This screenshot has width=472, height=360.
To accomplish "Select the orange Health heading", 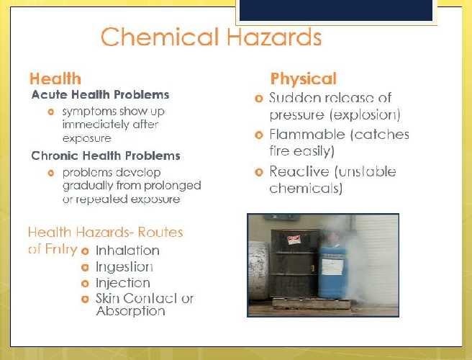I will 55,79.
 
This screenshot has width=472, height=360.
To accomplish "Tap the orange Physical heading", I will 303,78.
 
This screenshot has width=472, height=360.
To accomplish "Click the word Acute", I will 48,94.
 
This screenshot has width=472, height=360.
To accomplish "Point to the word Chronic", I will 54,156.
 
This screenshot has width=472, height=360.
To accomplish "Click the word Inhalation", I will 127,251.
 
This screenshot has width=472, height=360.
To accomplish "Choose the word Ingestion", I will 124,266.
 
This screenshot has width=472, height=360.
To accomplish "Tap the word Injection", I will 123,283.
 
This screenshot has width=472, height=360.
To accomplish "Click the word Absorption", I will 130,312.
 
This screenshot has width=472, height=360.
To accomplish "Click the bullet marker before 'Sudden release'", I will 260,98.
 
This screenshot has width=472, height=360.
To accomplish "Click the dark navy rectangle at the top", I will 336,10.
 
